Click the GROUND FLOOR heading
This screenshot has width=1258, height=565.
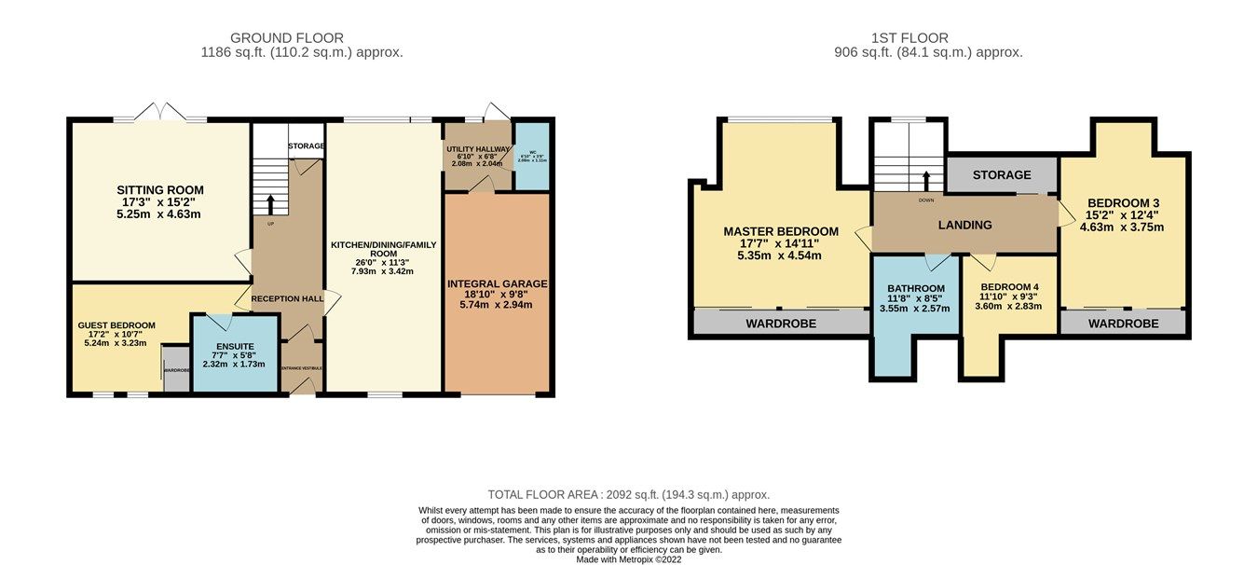click(287, 38)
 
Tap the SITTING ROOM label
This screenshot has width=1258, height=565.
click(159, 190)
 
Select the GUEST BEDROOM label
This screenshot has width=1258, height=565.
click(116, 325)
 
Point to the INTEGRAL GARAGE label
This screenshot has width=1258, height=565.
click(498, 283)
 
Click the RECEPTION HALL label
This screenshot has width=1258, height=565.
click(287, 298)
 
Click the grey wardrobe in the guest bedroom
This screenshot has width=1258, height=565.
click(176, 370)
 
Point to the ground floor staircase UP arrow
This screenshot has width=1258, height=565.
click(271, 203)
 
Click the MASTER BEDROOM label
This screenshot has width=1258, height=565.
click(781, 231)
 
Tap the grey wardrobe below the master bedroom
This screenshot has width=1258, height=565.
click(781, 324)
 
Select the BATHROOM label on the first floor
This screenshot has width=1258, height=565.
click(916, 288)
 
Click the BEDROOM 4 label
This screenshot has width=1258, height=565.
click(1009, 287)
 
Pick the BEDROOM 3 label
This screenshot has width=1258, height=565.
click(1123, 202)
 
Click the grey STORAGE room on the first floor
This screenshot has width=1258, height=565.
click(1002, 174)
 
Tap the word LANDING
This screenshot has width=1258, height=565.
click(964, 225)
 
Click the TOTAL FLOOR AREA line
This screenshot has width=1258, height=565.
click(629, 495)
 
